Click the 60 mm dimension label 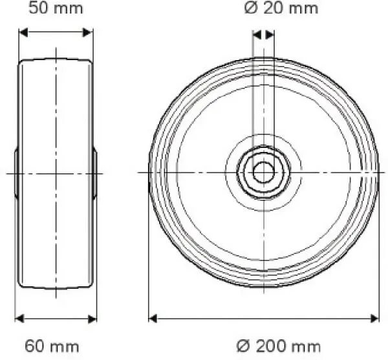[x=52, y=346]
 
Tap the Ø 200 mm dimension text [x=278, y=346]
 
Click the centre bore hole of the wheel [x=263, y=172]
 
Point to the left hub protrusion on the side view [x=16, y=173]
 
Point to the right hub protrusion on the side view [x=94, y=173]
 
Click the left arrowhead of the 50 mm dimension [x=22, y=32]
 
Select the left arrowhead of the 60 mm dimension [x=19, y=318]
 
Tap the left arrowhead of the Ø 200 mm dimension [x=153, y=318]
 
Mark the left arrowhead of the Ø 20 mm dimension [x=256, y=34]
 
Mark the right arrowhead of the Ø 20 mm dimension [x=270, y=34]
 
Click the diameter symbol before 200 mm [x=242, y=346]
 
